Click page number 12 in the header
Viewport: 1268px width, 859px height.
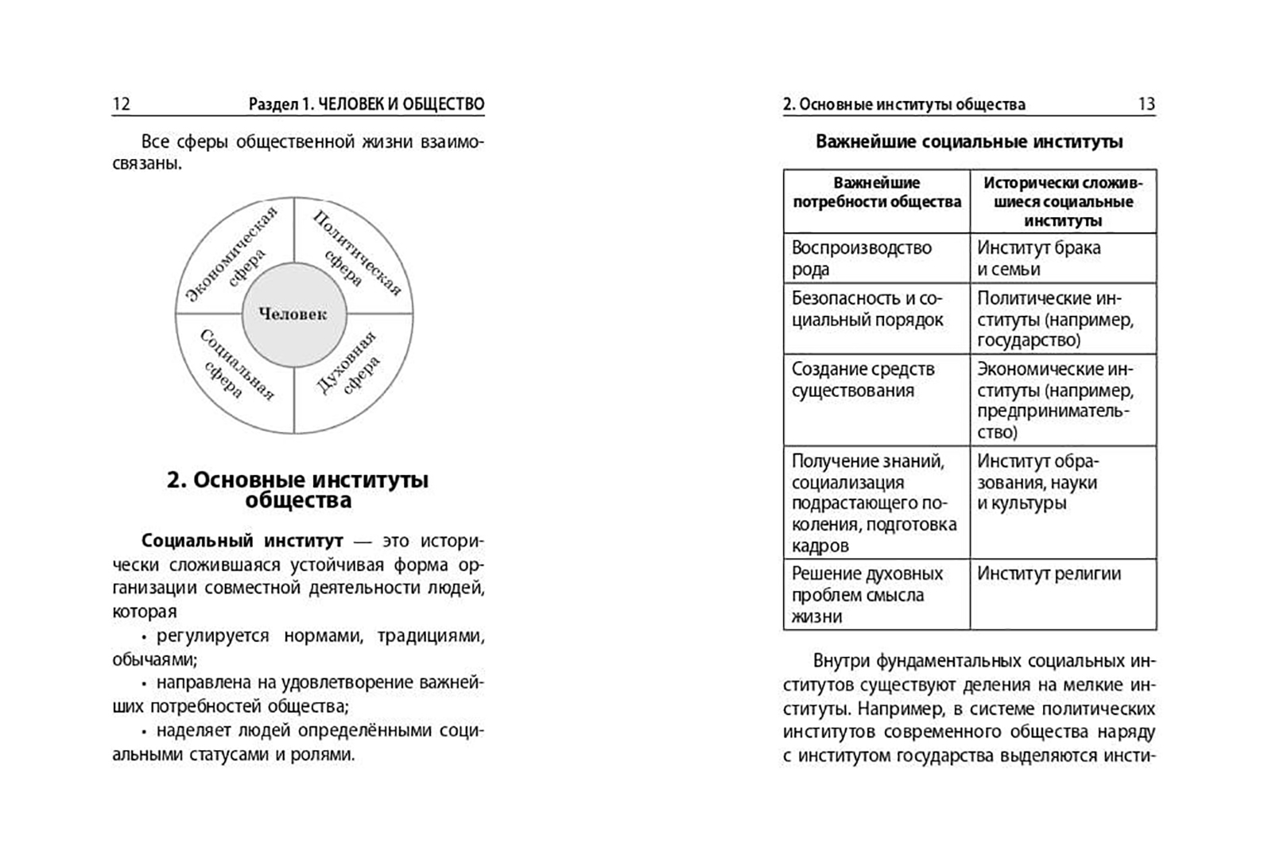pos(121,104)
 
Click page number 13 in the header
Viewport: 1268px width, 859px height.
pos(1146,104)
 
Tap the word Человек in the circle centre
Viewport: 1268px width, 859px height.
pos(293,314)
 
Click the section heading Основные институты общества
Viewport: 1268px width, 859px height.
pos(297,490)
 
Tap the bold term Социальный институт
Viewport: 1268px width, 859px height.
pos(242,542)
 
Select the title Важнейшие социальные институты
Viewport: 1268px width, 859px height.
pos(969,142)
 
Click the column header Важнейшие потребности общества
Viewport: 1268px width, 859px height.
pos(876,192)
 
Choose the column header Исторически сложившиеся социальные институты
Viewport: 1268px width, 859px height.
pos(1062,202)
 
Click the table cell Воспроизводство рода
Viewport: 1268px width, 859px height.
pos(861,258)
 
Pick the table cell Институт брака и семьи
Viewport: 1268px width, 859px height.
pos(1038,258)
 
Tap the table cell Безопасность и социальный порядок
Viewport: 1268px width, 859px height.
pos(867,309)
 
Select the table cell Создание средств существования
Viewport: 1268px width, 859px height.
pos(863,380)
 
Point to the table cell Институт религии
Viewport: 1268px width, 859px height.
pos(1049,574)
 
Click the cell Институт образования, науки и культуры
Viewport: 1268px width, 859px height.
pos(1037,482)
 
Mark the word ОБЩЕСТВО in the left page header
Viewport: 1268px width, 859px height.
pos(444,104)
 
